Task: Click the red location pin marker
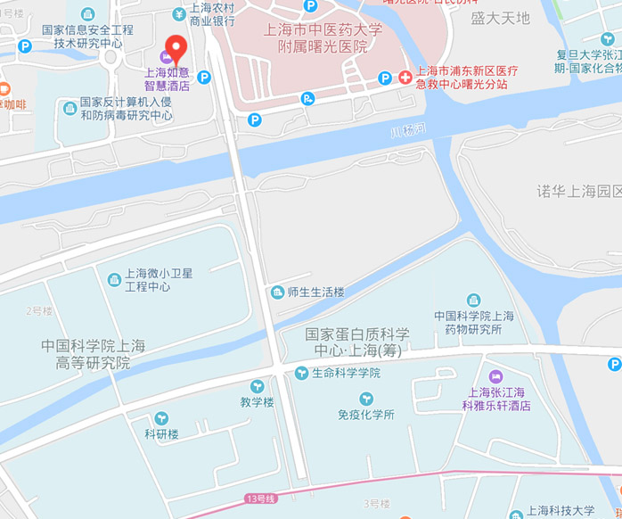pos(176,45)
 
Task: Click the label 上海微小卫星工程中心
pos(158,280)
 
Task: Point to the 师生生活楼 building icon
pos(277,292)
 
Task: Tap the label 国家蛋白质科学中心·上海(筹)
pos(357,342)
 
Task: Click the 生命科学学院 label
pos(346,373)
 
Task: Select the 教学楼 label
pos(257,402)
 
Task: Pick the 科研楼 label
pos(162,434)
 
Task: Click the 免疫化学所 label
pos(365,415)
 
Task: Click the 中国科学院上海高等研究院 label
pos(93,354)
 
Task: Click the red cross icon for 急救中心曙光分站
pos(405,78)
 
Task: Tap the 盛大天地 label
pos(500,18)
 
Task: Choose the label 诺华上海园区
pos(578,191)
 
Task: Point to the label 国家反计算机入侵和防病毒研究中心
pos(126,108)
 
